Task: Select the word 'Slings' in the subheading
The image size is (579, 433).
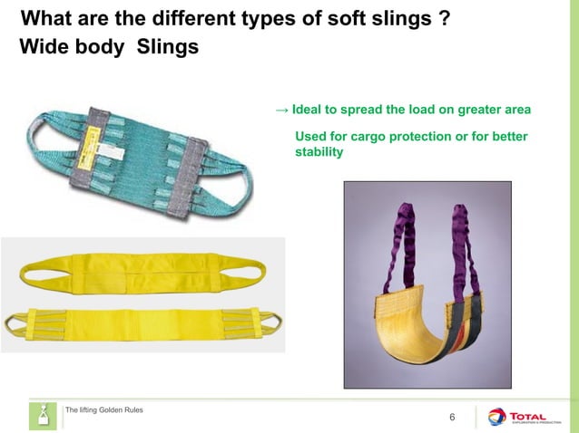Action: pos(168,47)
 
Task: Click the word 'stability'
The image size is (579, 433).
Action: pos(319,151)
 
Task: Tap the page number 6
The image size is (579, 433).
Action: pos(453,417)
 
